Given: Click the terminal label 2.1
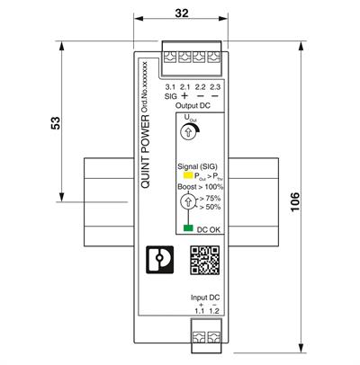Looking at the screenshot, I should [185, 85].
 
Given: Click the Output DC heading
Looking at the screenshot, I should [193, 105].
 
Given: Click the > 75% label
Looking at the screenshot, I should [208, 197].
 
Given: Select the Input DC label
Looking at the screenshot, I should [202, 298].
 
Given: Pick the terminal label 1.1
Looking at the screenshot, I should [197, 312].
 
